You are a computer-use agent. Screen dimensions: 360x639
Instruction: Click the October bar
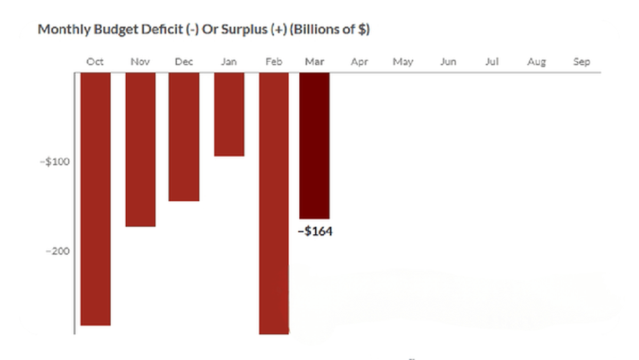95,198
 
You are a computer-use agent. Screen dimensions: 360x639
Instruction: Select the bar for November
140,149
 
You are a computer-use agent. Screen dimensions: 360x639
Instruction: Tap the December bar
184,136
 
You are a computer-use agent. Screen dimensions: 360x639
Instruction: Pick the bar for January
229,114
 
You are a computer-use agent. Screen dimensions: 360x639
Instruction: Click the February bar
274,203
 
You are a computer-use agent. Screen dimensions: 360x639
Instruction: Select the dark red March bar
314,145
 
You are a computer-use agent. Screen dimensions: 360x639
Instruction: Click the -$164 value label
315,231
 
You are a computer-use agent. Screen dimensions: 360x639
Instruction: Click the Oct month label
95,62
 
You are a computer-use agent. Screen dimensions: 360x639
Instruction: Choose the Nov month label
140,62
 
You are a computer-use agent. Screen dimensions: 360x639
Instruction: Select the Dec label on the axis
184,62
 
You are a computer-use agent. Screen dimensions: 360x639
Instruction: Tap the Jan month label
229,62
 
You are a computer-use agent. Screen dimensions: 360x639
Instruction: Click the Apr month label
359,62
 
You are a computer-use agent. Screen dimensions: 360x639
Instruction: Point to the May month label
403,62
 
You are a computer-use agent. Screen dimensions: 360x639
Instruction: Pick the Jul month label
492,62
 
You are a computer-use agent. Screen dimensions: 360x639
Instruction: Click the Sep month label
581,62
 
